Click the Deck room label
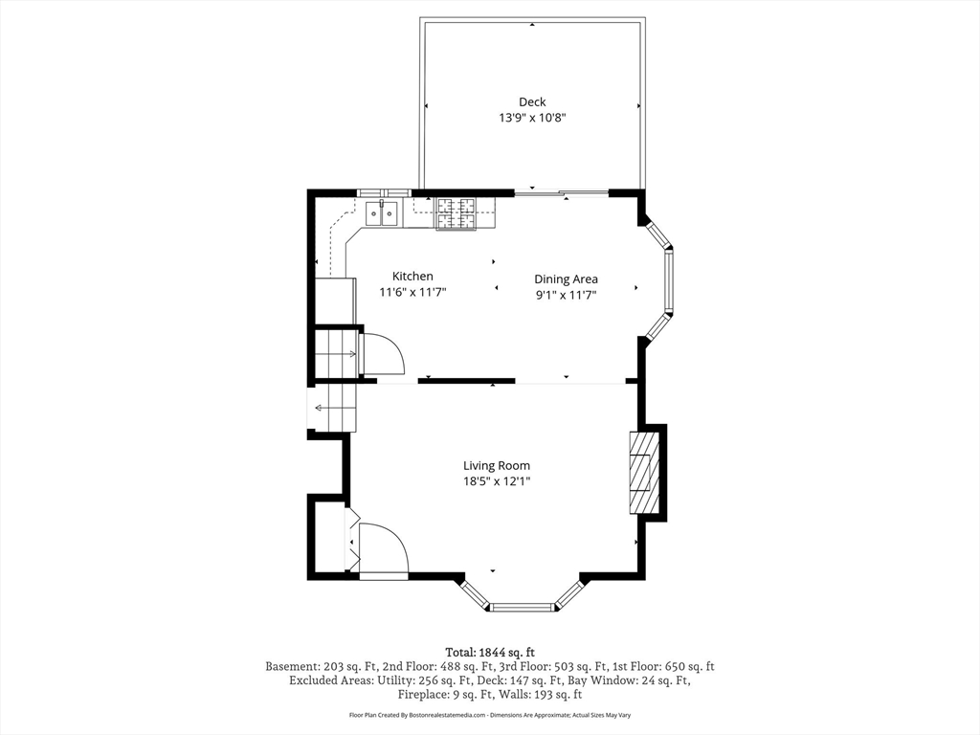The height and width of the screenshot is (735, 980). [532, 101]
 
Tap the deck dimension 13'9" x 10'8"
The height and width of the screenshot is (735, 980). [532, 118]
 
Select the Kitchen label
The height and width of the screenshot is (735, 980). [412, 276]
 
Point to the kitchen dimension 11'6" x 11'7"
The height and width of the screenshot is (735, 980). [412, 293]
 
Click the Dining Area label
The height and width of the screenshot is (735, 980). [566, 278]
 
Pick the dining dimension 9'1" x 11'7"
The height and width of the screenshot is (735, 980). [566, 295]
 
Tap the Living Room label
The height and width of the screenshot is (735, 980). [497, 465]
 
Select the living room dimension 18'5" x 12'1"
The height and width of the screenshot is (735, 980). [497, 482]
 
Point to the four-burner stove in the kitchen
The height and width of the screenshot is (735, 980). [457, 213]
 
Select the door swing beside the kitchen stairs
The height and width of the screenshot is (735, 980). [382, 352]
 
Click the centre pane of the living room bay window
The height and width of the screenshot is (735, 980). [523, 606]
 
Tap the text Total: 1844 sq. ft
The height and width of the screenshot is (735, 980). [489, 651]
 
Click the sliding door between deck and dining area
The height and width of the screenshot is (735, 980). [561, 194]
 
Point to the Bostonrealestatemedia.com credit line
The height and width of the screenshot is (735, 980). [489, 715]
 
